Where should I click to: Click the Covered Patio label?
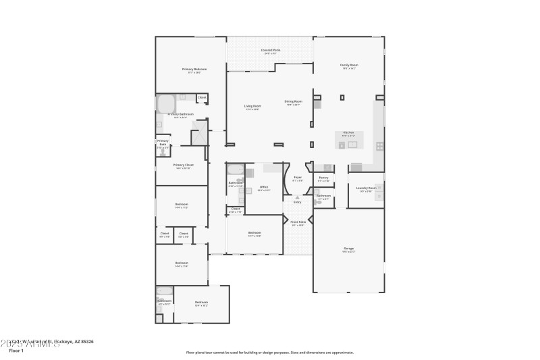(x=270, y=50)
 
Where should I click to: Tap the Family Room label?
(x=349, y=65)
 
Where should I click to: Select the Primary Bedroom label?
(x=194, y=69)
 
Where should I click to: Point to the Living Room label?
(x=252, y=106)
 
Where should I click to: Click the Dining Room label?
(x=294, y=102)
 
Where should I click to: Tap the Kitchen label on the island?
(x=348, y=132)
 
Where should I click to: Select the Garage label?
(x=348, y=248)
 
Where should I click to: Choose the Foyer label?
(x=298, y=179)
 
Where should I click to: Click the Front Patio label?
(x=298, y=222)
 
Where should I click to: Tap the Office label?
(x=264, y=187)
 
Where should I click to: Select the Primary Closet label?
(x=183, y=165)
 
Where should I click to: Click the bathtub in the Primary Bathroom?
(x=166, y=104)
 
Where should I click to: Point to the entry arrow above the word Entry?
(x=297, y=197)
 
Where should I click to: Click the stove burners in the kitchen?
(x=380, y=145)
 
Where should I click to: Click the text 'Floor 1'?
(x=16, y=351)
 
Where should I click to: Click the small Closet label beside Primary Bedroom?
(x=202, y=98)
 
